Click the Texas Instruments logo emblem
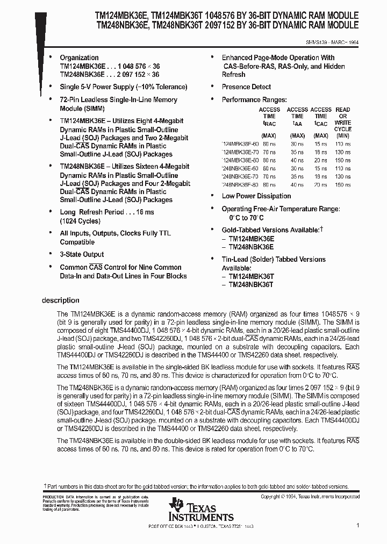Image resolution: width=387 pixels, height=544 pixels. click(x=176, y=505)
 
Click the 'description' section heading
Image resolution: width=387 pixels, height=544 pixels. click(x=60, y=300)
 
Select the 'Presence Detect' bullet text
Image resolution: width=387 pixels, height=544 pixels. click(x=246, y=87)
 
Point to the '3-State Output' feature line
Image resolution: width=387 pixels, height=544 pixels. click(x=82, y=254)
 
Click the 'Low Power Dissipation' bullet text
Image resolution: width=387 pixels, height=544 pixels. click(x=256, y=196)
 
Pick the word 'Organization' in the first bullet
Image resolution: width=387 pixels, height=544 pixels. click(x=79, y=58)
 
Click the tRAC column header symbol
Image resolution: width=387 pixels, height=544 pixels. click(x=269, y=123)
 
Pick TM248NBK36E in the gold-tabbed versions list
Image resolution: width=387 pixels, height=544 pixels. click(x=251, y=247)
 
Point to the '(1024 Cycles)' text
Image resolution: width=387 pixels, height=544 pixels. click(x=80, y=221)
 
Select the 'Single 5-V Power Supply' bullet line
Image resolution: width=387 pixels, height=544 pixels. click(x=123, y=87)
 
